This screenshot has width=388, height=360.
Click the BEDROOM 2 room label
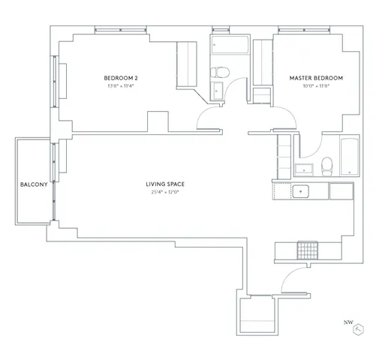coord(121,78)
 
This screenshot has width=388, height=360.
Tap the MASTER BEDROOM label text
coord(316,78)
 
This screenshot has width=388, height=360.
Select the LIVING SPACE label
coord(166,184)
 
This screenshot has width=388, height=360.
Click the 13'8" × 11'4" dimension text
coord(121,86)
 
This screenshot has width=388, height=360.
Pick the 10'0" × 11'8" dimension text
coord(316,86)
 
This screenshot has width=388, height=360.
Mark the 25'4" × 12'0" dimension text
coord(166,192)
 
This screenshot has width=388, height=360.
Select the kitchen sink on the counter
coord(302,191)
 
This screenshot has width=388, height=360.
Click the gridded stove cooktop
coord(308,249)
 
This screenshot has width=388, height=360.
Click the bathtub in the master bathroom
coord(349,157)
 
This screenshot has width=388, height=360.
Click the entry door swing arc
coord(290,280)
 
